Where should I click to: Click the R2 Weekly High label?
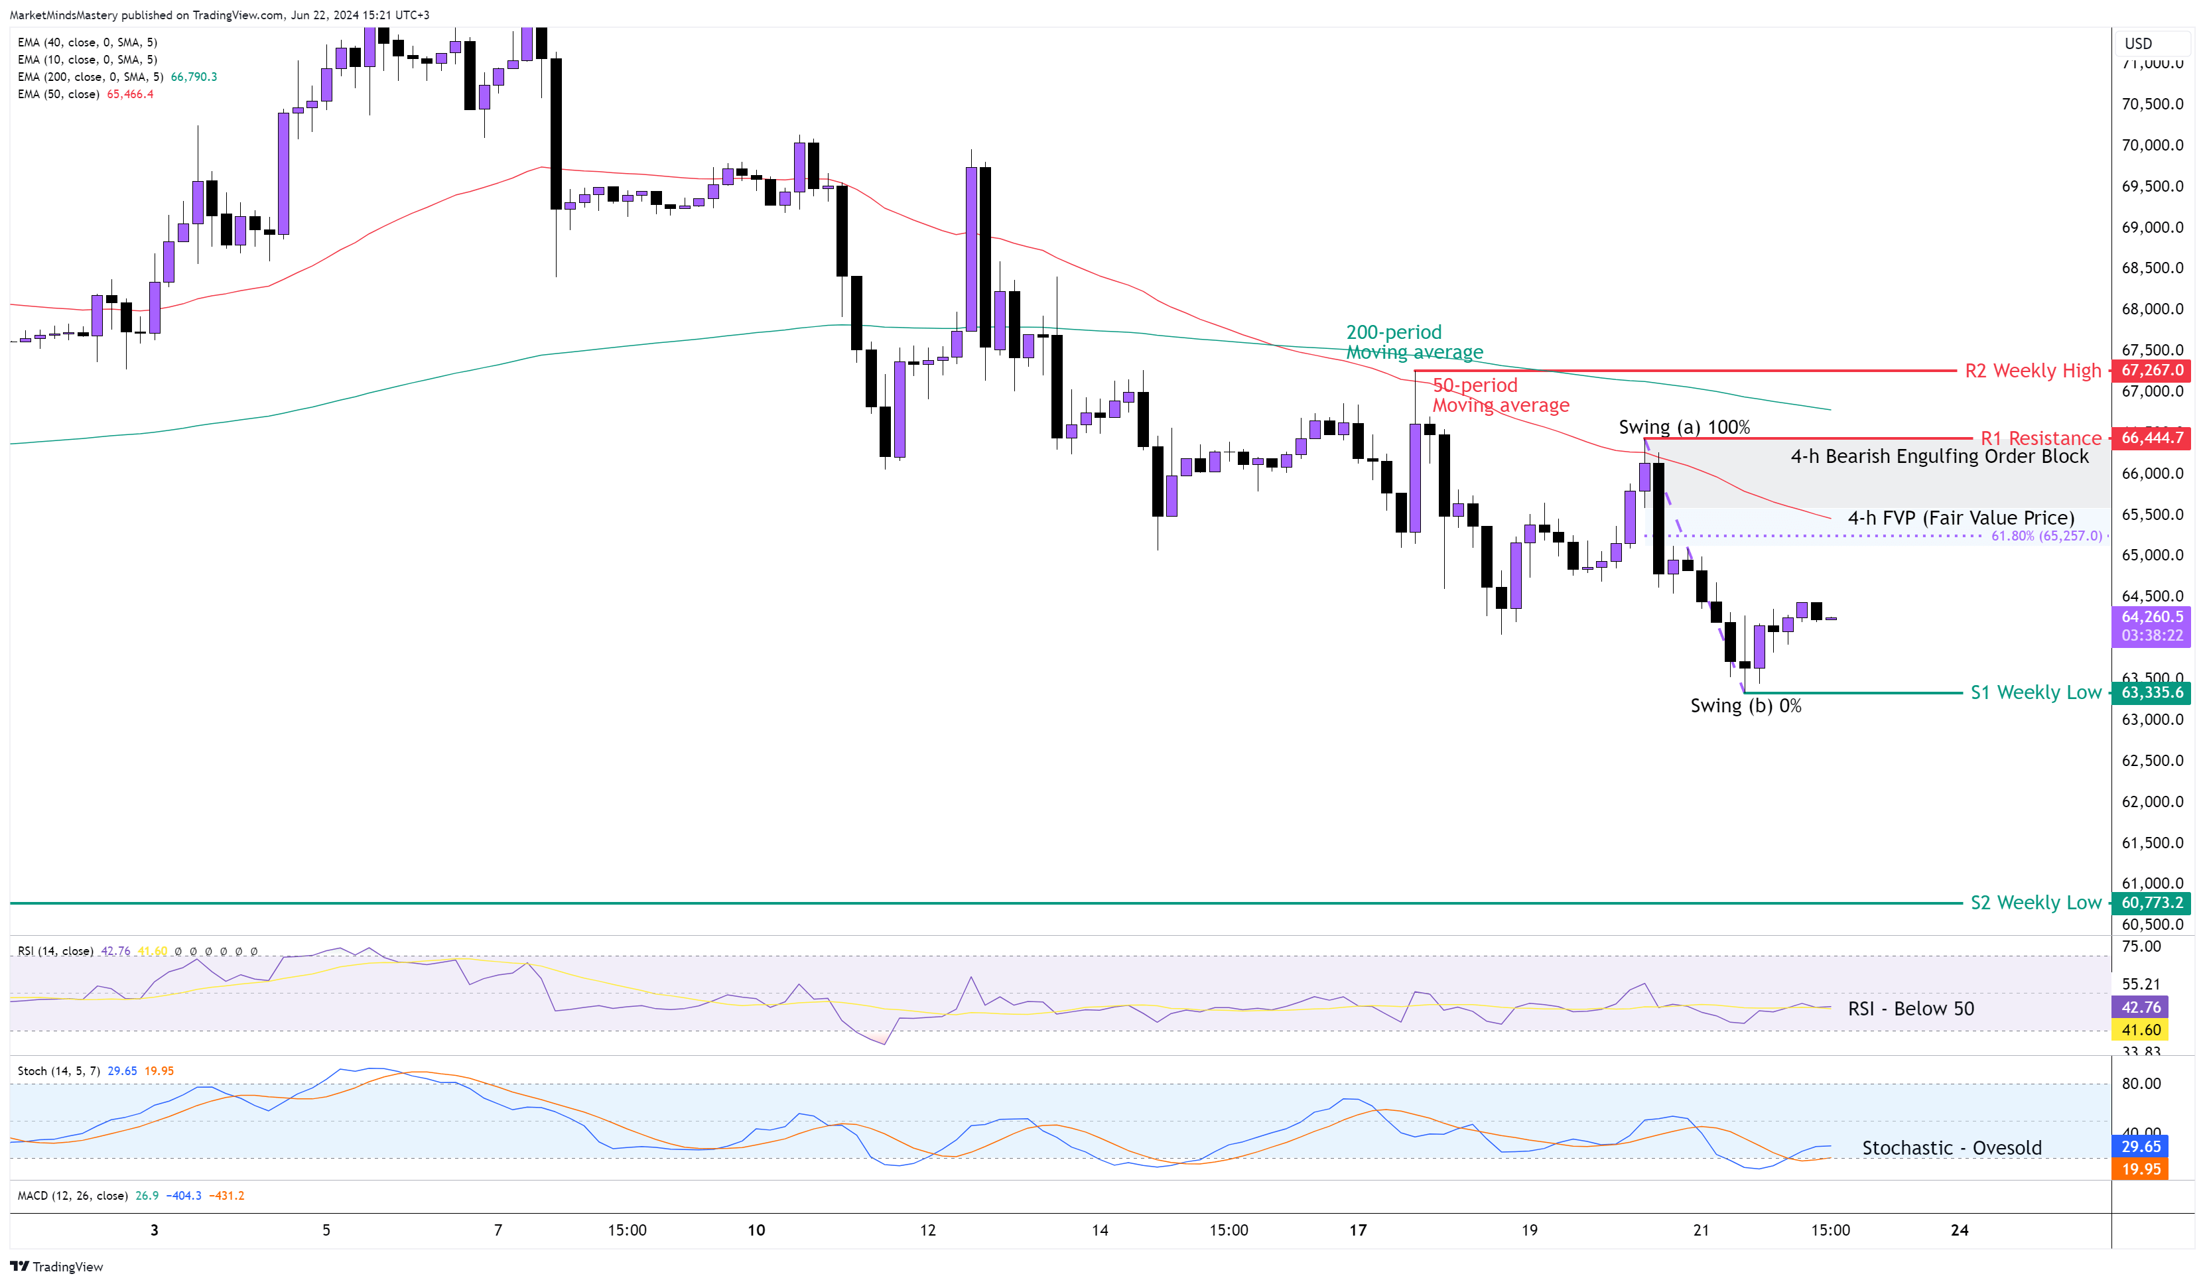[x=2032, y=371]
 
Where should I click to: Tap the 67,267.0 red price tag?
[x=2152, y=370]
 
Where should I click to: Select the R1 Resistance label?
[x=2040, y=438]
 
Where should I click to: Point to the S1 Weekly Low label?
[x=2035, y=692]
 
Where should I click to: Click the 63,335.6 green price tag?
[x=2152, y=692]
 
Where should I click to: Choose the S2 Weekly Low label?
[x=2035, y=903]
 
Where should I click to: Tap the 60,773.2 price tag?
[x=2152, y=903]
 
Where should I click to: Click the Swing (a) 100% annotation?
[x=1684, y=427]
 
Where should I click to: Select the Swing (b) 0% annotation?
[x=1745, y=706]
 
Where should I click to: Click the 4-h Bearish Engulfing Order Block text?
[x=1939, y=456]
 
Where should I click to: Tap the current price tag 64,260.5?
[x=2152, y=617]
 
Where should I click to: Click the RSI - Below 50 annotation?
[x=1910, y=1009]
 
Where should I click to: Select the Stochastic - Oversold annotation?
[x=1951, y=1147]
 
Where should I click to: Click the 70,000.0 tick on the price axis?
[x=2152, y=145]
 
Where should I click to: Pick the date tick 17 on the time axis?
[x=1357, y=1230]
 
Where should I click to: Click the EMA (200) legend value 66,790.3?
[x=194, y=77]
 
